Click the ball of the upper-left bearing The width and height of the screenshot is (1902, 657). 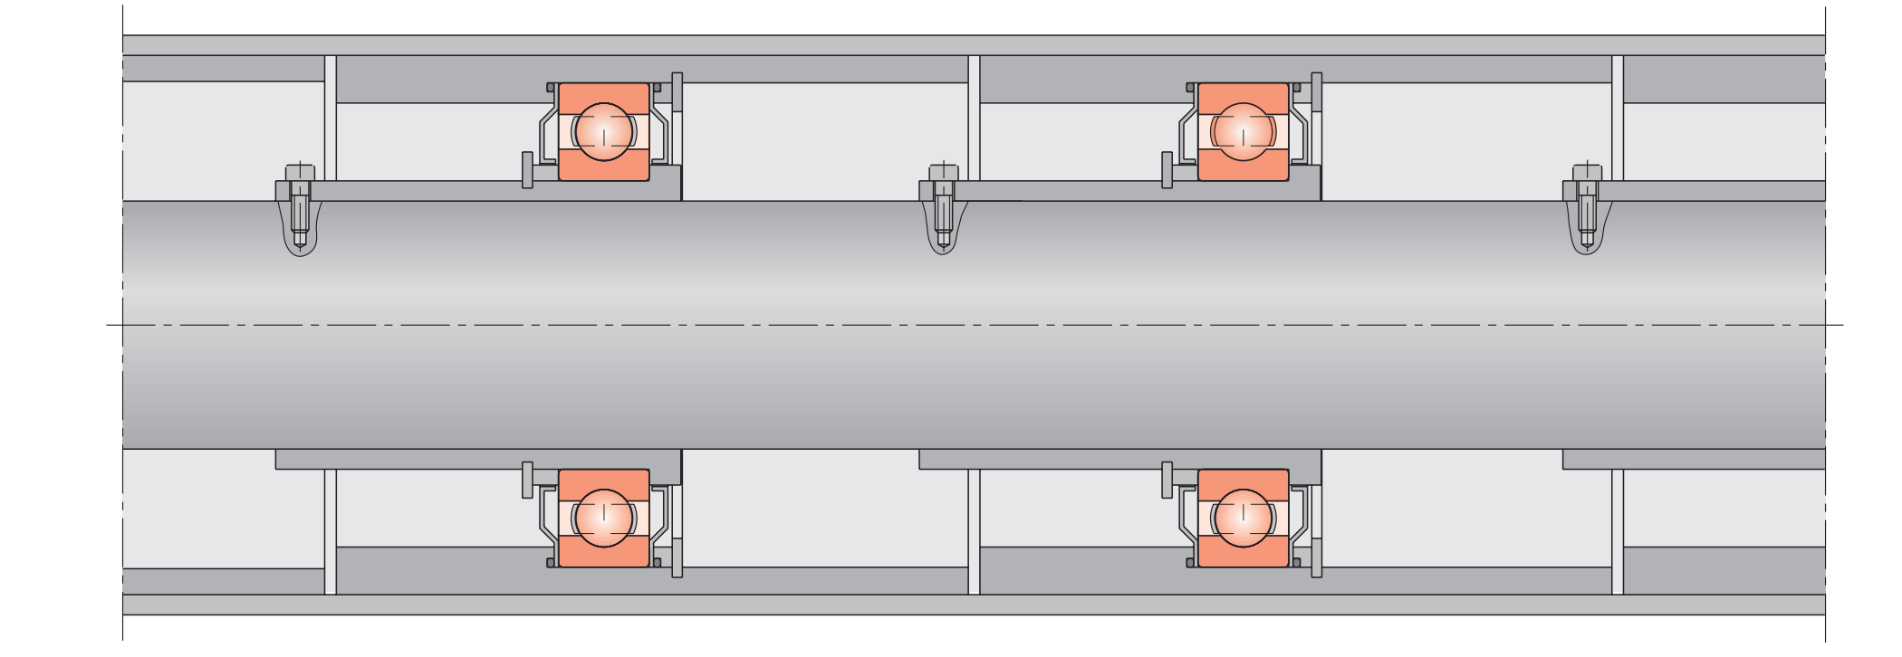604,131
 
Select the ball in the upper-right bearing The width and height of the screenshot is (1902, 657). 1243,131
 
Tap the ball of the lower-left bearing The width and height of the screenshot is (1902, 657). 604,518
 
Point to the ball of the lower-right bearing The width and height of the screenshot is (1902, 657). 1243,518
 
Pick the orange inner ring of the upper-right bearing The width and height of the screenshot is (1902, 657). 1243,166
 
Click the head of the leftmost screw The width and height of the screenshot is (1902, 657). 300,172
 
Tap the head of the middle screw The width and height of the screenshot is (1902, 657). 943,172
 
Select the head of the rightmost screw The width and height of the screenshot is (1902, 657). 1587,172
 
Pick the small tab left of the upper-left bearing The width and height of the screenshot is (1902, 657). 528,170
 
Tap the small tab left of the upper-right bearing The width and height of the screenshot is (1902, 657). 1167,170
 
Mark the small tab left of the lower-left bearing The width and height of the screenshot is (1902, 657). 528,480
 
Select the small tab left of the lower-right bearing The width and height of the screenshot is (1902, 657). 1167,480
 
